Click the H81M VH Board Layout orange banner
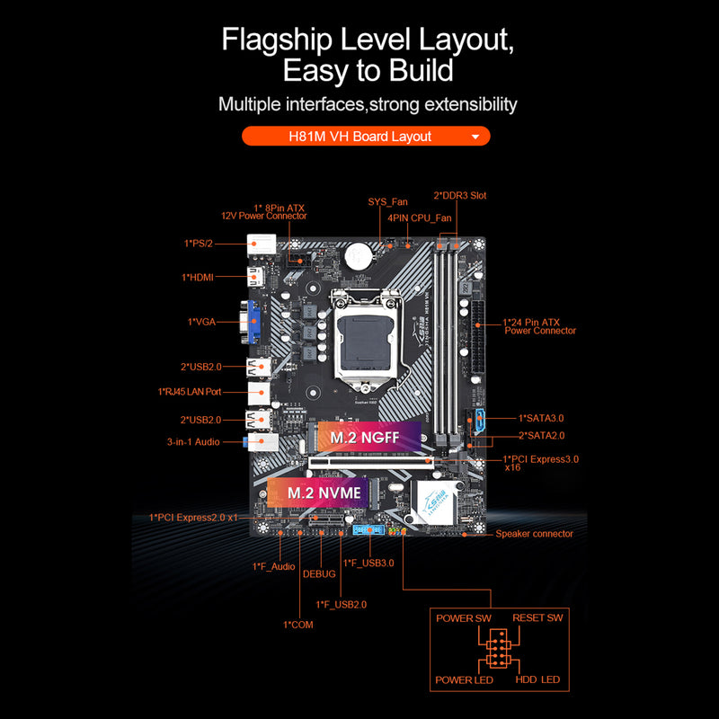(366, 137)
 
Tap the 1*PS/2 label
(199, 244)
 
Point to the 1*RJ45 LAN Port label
(190, 392)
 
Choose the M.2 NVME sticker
(324, 493)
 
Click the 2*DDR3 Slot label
(460, 195)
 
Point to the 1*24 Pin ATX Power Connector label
(539, 325)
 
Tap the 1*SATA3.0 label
(541, 418)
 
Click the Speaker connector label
(534, 534)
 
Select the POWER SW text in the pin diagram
(464, 618)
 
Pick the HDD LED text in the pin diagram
(537, 679)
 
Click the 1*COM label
(297, 625)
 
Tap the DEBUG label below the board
(319, 573)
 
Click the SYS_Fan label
(387, 202)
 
